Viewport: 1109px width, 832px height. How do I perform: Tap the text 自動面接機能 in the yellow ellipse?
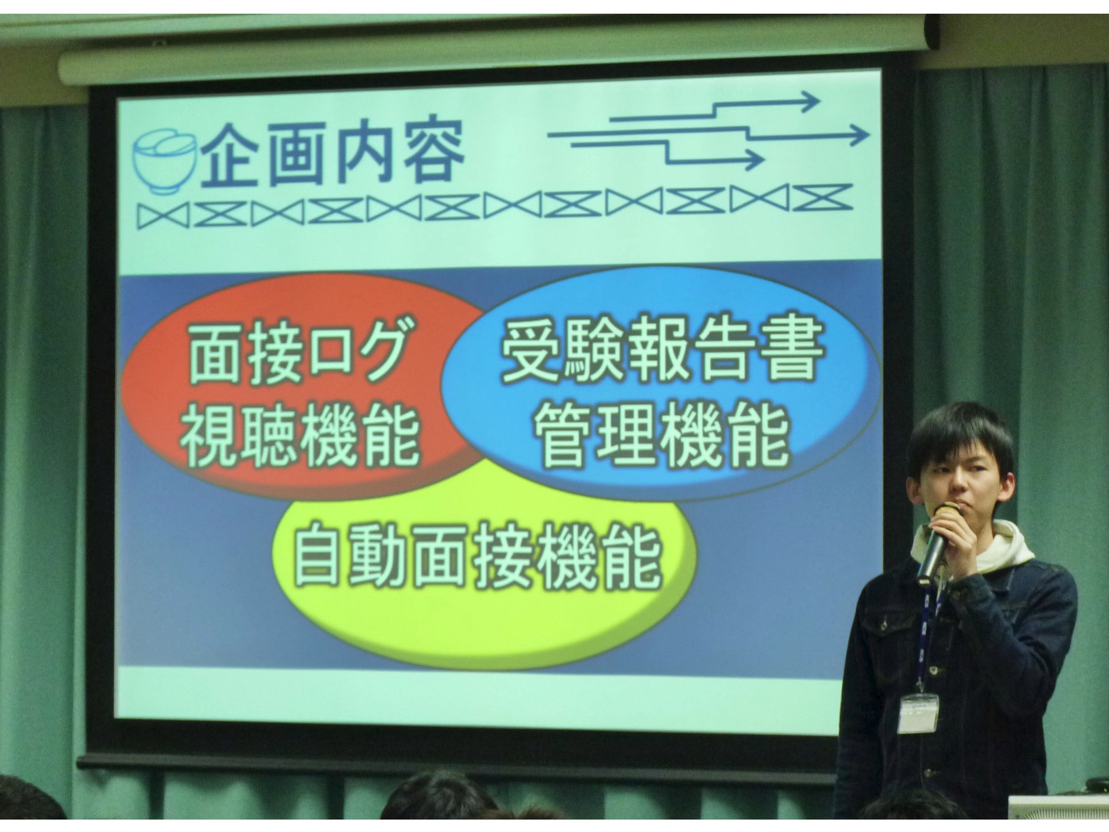pos(477,557)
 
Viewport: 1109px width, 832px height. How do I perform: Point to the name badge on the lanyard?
pos(918,713)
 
